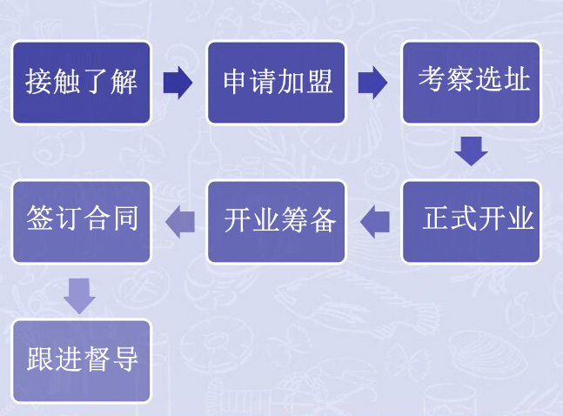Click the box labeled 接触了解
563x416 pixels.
click(x=82, y=83)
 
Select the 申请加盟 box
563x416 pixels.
click(x=277, y=83)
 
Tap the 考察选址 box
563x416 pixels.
click(x=471, y=83)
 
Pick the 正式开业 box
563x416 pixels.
click(x=471, y=222)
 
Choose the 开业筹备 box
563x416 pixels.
click(x=277, y=222)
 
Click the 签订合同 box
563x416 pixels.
click(x=82, y=222)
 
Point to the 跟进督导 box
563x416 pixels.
click(x=82, y=361)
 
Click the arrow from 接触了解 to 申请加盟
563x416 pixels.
click(x=178, y=83)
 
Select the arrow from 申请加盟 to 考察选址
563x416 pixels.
click(x=372, y=83)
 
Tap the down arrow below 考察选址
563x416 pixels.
click(x=471, y=151)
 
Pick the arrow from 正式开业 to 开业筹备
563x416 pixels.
click(x=375, y=222)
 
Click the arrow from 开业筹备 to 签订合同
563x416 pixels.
click(x=180, y=222)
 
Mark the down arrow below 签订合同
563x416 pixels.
click(x=79, y=296)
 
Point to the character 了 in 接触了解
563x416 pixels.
click(x=96, y=82)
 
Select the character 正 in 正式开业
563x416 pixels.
click(x=436, y=218)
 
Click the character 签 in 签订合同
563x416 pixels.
click(x=39, y=218)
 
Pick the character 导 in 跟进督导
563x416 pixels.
click(x=125, y=359)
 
